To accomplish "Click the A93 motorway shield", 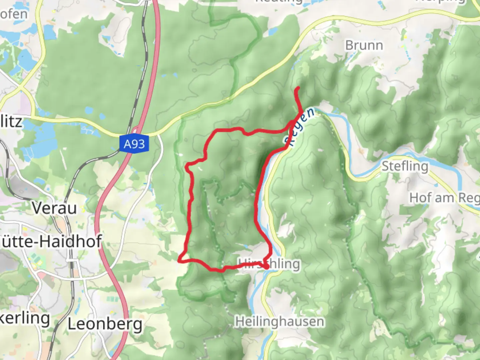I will (134, 144).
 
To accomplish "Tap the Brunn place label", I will (364, 45).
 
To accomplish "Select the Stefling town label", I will (405, 166).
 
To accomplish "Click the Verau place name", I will (55, 208).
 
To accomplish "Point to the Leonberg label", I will (105, 324).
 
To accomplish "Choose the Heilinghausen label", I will (279, 322).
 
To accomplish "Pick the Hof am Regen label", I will (444, 198).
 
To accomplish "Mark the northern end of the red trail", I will (298, 88).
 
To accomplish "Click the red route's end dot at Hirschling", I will (267, 267).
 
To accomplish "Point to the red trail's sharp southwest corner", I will (180, 260).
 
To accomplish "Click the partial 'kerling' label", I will (25, 318).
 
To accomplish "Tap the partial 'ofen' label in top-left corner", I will (14, 14).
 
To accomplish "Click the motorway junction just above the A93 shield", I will (136, 130).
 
